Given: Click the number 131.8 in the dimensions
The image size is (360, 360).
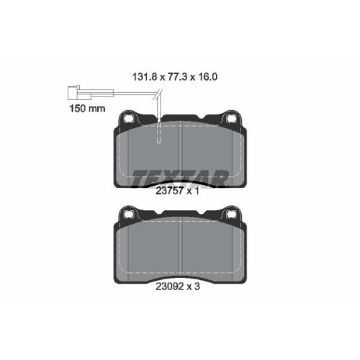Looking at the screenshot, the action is click(145, 77).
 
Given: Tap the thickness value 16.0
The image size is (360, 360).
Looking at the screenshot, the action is click(207, 77).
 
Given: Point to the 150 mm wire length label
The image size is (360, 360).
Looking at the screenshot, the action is click(87, 109).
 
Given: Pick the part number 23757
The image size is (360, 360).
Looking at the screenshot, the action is click(170, 191).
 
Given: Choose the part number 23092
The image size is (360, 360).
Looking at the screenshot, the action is click(170, 287).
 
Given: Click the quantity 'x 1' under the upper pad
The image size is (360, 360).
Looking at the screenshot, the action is click(193, 192).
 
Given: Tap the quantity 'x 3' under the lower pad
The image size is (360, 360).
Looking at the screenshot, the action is click(194, 287).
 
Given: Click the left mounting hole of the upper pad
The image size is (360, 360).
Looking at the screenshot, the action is click(127, 118).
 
